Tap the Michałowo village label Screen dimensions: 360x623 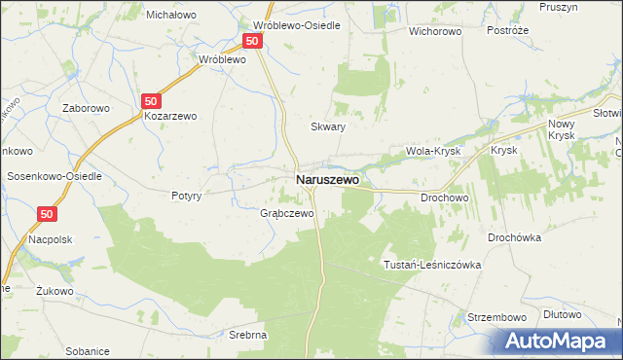pyautogui.click(x=171, y=15)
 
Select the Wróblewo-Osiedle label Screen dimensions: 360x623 pyautogui.click(x=297, y=25)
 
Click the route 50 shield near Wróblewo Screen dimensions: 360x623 pyautogui.click(x=252, y=41)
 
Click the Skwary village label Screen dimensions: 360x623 pyautogui.click(x=328, y=126)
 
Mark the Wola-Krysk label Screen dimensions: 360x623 pyautogui.click(x=432, y=152)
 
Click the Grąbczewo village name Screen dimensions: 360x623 pyautogui.click(x=286, y=213)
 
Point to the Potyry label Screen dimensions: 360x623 pyautogui.click(x=186, y=196)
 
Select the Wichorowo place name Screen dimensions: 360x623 pyautogui.click(x=435, y=30)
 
